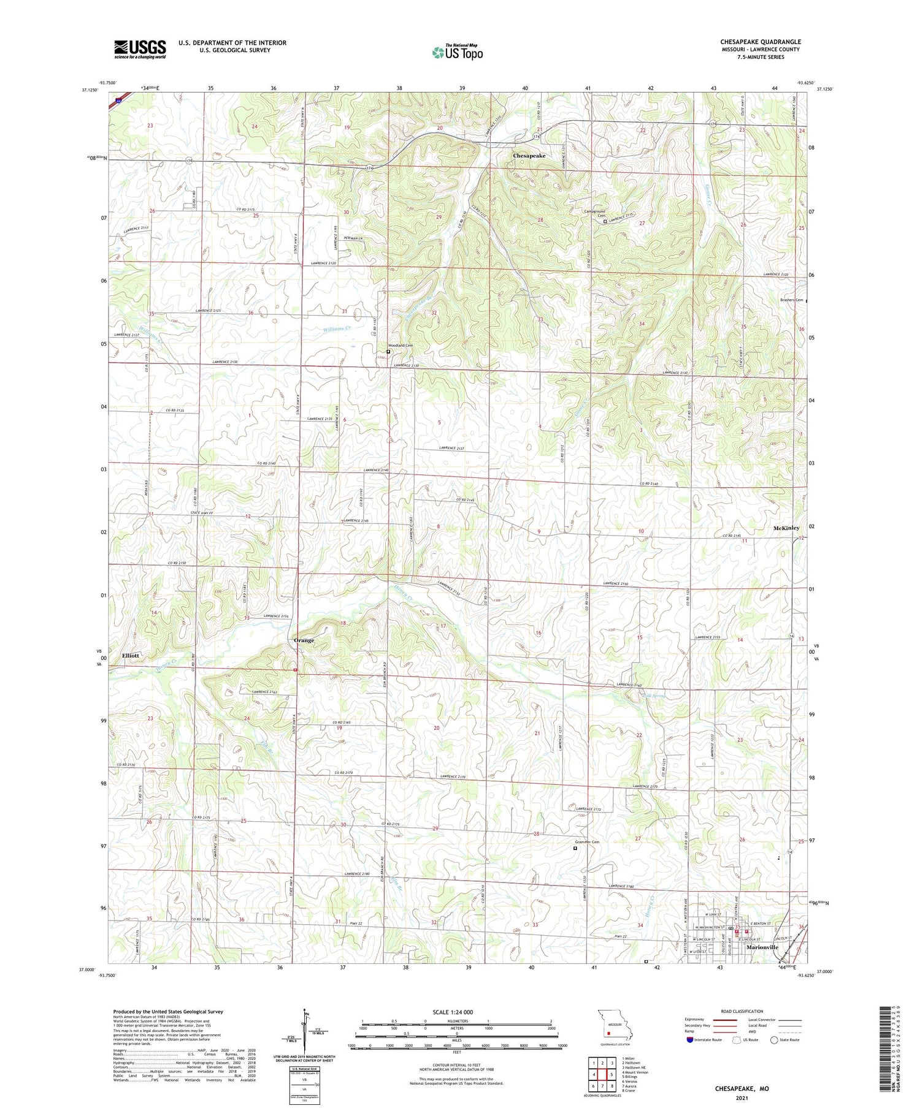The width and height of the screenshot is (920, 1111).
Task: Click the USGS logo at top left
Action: (140, 49)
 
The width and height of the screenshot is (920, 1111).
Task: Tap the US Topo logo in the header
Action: (457, 52)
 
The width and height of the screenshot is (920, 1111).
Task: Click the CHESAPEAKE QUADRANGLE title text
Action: (761, 42)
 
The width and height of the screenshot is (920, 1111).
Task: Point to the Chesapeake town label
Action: (529, 156)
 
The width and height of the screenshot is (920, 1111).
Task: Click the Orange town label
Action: (304, 640)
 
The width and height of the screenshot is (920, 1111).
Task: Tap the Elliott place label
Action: (131, 655)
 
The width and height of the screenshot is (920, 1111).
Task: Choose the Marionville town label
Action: (762, 964)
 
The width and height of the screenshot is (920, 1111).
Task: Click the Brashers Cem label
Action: (791, 300)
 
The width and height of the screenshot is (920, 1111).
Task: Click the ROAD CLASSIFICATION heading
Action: (742, 1011)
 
